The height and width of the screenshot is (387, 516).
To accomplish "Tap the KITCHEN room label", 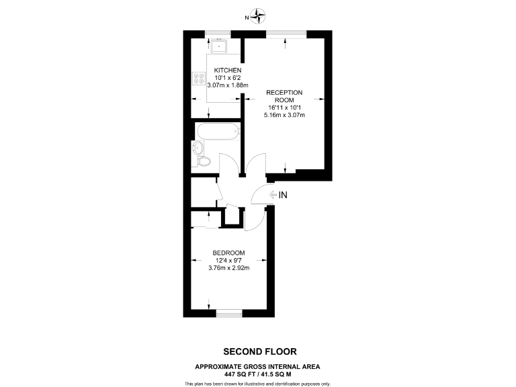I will pyautogui.click(x=228, y=71).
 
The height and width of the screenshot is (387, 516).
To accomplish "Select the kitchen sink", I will pyautogui.click(x=218, y=46).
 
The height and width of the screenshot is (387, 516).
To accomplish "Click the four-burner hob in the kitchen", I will pyautogui.click(x=199, y=79).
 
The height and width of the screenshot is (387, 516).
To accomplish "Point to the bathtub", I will pyautogui.click(x=216, y=130).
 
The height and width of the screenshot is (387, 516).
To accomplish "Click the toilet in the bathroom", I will pyautogui.click(x=204, y=161).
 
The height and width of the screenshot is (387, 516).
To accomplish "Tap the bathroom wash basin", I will pyautogui.click(x=198, y=147).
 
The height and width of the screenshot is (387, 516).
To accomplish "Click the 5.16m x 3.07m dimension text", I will pyautogui.click(x=284, y=115).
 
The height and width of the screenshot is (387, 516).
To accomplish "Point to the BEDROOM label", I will pyautogui.click(x=228, y=253).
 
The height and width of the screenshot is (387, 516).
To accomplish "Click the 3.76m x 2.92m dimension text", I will pyautogui.click(x=228, y=268).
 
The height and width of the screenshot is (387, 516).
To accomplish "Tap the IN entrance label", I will pyautogui.click(x=283, y=195).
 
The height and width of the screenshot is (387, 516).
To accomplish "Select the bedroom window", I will pyautogui.click(x=228, y=312).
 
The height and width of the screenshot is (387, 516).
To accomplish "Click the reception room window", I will pyautogui.click(x=286, y=34).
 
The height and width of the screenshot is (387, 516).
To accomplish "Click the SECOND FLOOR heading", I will pyautogui.click(x=259, y=351).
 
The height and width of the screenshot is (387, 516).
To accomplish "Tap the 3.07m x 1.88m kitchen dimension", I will pyautogui.click(x=228, y=85).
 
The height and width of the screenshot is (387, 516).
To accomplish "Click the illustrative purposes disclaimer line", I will pyautogui.click(x=259, y=383).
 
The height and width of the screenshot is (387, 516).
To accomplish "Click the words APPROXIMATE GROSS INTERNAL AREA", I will pyautogui.click(x=259, y=366).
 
